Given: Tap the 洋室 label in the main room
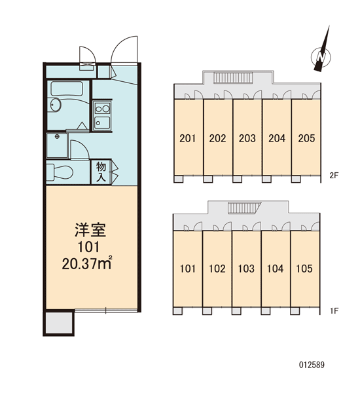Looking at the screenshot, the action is (90, 230).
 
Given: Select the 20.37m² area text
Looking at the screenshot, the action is (86, 263).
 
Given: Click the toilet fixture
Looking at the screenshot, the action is (60, 172).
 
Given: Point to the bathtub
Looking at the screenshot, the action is (67, 88).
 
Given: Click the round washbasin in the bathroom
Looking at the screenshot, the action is (55, 105).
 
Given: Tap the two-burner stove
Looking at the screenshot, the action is (102, 109).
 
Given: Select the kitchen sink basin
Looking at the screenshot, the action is (102, 123).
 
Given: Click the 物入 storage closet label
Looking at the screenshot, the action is (101, 172).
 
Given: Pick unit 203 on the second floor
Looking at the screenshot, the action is (247, 138).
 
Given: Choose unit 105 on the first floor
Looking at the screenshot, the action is (304, 269).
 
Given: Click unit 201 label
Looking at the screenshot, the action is (187, 138).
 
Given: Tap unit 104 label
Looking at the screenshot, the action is (276, 269).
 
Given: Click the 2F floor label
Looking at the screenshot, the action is (334, 176).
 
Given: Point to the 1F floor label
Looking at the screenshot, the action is (334, 311).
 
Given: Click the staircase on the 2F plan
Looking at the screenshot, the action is (233, 77).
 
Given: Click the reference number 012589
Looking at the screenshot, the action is (312, 365).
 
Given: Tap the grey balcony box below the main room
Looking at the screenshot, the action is (60, 324).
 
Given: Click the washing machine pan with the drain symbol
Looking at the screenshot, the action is (57, 145).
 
